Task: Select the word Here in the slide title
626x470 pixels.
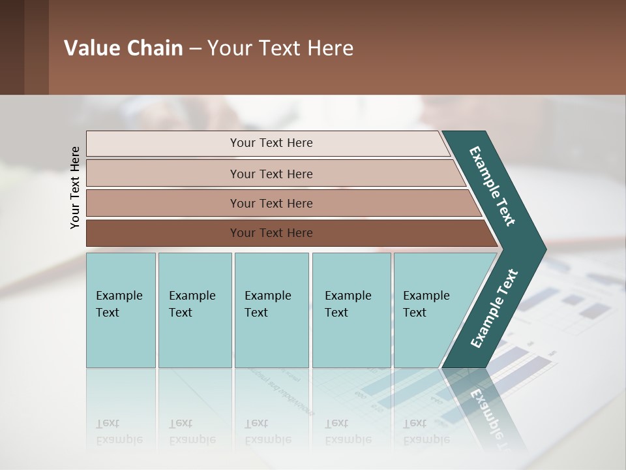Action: (x=330, y=48)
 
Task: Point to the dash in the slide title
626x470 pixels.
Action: (x=195, y=49)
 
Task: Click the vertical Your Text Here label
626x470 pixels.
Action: (x=75, y=187)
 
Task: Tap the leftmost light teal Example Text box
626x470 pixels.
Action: (x=121, y=310)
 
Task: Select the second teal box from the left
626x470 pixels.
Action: (x=195, y=310)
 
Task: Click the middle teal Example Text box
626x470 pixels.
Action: (x=271, y=310)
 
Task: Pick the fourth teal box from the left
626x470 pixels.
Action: (x=351, y=310)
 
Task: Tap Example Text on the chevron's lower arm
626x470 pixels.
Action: (x=494, y=308)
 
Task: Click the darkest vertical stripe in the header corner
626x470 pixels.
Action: (x=12, y=47)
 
